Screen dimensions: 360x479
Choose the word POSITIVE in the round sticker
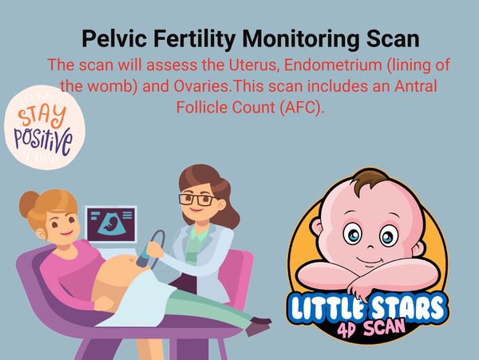click(x=43, y=137)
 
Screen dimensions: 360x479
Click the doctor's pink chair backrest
click(x=236, y=263)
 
